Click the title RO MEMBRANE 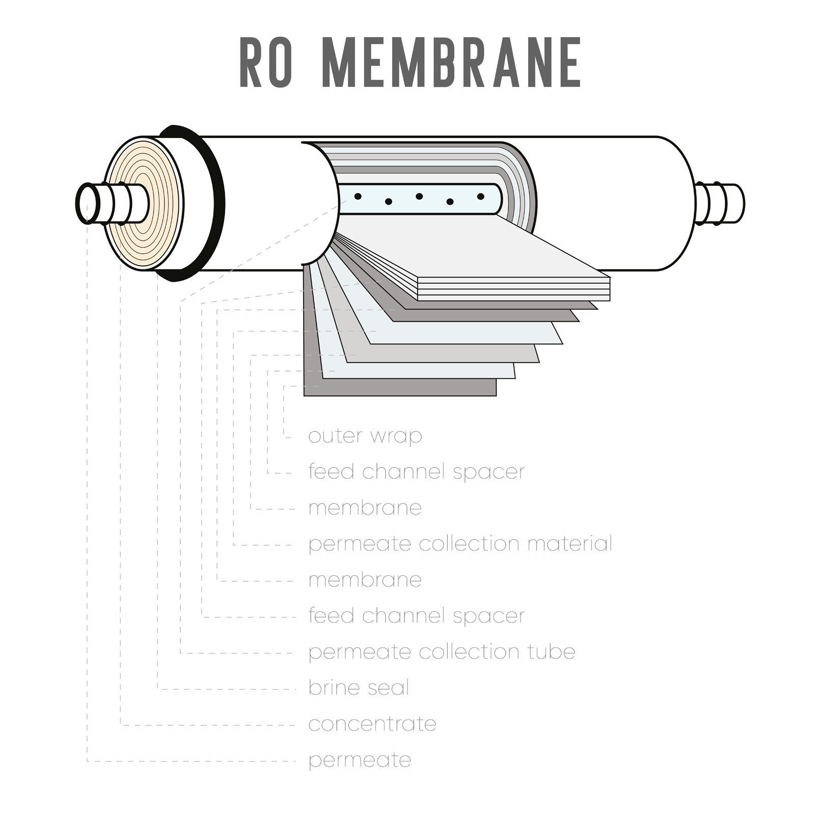click(x=410, y=63)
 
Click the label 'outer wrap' click(x=365, y=436)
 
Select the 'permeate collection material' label click(x=460, y=544)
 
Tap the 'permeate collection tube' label click(x=442, y=652)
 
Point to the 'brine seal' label click(x=359, y=688)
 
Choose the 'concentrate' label click(x=372, y=724)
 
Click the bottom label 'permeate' click(x=360, y=760)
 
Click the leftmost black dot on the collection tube click(x=358, y=196)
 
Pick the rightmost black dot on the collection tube click(x=480, y=196)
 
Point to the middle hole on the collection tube click(x=419, y=196)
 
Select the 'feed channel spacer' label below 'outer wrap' click(x=416, y=472)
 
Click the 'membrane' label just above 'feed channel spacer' click(x=365, y=580)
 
